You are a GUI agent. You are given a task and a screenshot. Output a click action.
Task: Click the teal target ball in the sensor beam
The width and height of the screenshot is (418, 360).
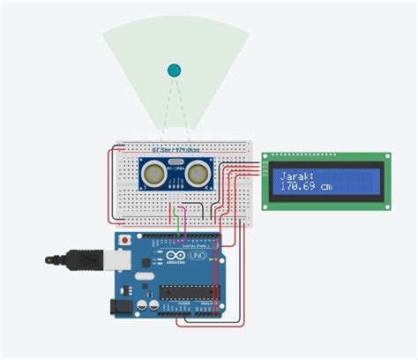pos(174,71)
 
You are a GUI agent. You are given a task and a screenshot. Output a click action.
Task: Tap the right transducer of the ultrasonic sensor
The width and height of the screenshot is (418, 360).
pos(198,175)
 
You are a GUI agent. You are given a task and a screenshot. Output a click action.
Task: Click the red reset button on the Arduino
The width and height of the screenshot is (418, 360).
pos(125,240)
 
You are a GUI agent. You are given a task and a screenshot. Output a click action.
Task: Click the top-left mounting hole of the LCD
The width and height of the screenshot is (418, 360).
pos(266,157)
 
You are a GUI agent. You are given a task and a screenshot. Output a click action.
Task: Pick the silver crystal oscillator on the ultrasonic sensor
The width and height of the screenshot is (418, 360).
pos(175,165)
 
